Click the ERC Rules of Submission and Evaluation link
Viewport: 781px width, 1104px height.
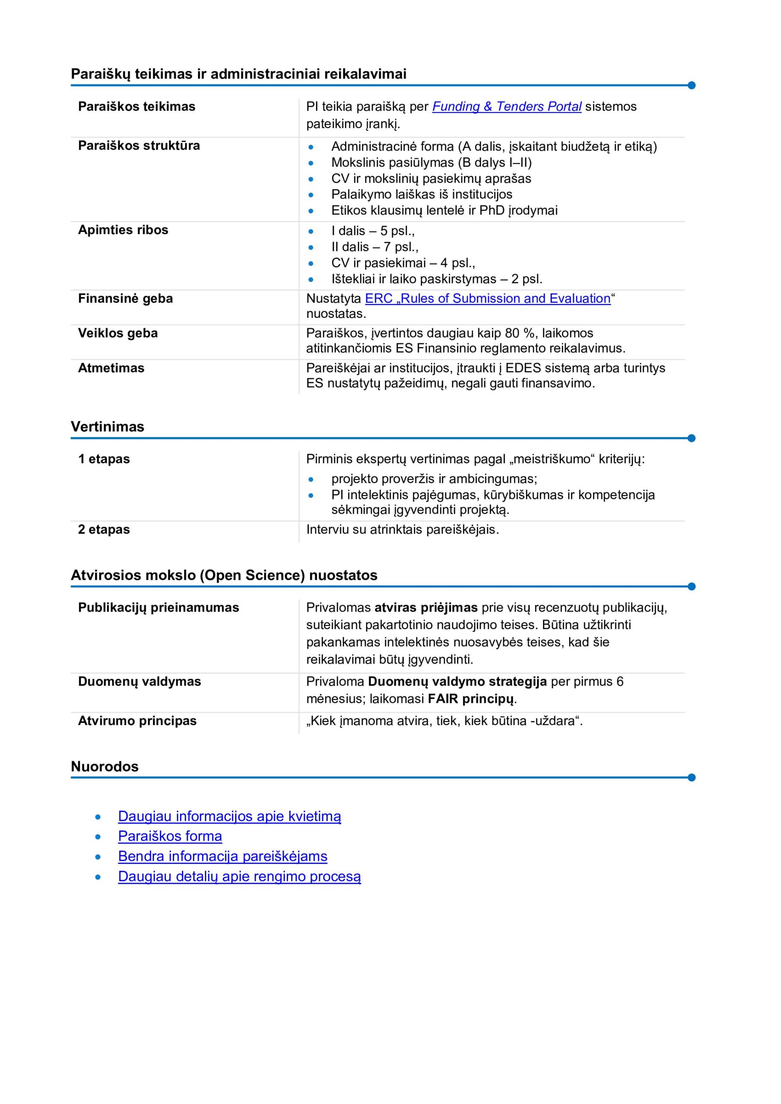(487, 298)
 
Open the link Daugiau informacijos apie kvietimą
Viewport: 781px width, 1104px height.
(229, 816)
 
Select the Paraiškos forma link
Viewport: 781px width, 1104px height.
(170, 836)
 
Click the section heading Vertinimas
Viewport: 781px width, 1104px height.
(107, 427)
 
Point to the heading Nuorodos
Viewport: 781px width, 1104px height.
(104, 766)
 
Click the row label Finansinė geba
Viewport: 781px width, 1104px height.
(125, 298)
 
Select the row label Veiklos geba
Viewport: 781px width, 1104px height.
(118, 333)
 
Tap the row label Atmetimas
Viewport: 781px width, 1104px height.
(111, 368)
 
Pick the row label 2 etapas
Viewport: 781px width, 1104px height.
(104, 530)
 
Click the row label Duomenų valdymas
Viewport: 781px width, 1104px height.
(139, 681)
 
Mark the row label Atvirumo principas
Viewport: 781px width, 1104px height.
(137, 721)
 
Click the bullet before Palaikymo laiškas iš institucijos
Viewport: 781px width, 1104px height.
(311, 195)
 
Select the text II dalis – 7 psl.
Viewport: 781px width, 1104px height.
(374, 247)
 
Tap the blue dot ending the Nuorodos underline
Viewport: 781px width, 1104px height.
(692, 778)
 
